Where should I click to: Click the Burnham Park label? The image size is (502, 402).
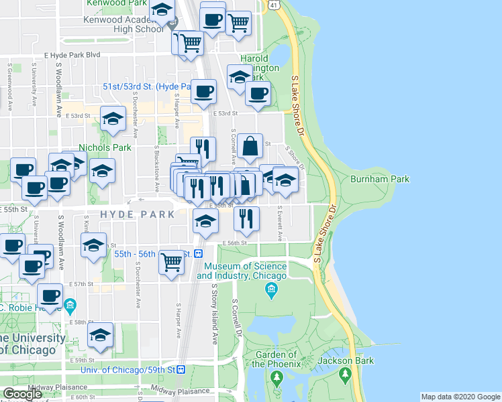coord(379,179)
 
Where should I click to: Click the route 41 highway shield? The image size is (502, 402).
coord(274,5)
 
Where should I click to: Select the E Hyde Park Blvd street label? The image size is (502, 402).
coord(72,55)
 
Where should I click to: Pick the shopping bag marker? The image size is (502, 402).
coord(250,147)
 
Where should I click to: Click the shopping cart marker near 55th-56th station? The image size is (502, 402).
coord(172,263)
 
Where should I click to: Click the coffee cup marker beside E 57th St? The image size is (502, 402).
coord(50,296)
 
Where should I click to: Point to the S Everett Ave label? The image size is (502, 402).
coord(281,223)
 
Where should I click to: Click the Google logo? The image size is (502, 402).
coord(22,394)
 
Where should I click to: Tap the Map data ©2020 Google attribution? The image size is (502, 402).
coord(460,397)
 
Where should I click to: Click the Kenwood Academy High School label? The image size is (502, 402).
coord(123,24)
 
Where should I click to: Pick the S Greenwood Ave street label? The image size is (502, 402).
coord(11,88)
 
